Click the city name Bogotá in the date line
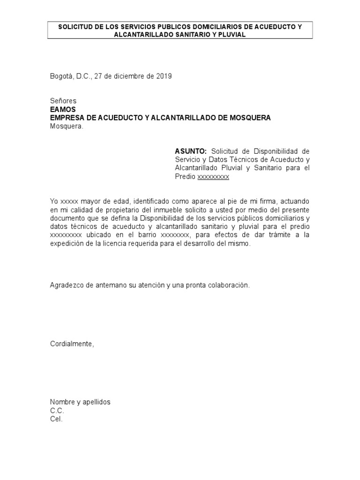pos(61,76)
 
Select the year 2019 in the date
pos(164,76)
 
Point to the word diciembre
pos(127,76)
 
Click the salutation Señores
pos(63,101)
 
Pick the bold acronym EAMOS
pos(63,109)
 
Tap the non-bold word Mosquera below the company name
pos(67,126)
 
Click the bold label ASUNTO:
pos(191,151)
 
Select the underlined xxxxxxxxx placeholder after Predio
pos(213,177)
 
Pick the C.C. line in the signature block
pos(57,411)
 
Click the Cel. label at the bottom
pos(56,419)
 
